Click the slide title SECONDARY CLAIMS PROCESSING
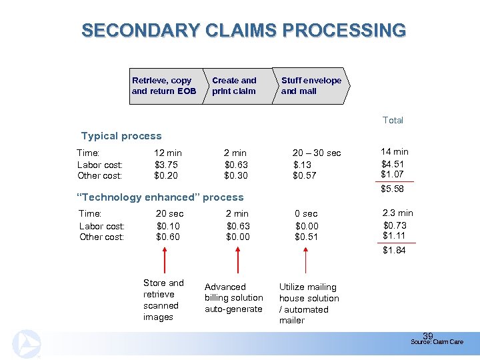click(243, 31)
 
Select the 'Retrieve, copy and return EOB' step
click(164, 86)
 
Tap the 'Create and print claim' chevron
click(235, 86)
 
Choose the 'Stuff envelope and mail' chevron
click(310, 86)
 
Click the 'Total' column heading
click(393, 120)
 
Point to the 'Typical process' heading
click(121, 136)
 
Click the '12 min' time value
click(168, 153)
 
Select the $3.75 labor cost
click(166, 164)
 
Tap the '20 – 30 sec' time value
click(317, 153)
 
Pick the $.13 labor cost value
click(303, 164)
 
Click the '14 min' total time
click(395, 151)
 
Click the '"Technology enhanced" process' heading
click(161, 197)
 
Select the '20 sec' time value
click(169, 214)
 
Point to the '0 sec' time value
click(307, 214)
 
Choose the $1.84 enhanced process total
click(394, 250)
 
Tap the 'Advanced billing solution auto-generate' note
click(233, 298)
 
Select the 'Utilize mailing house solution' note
click(309, 303)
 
